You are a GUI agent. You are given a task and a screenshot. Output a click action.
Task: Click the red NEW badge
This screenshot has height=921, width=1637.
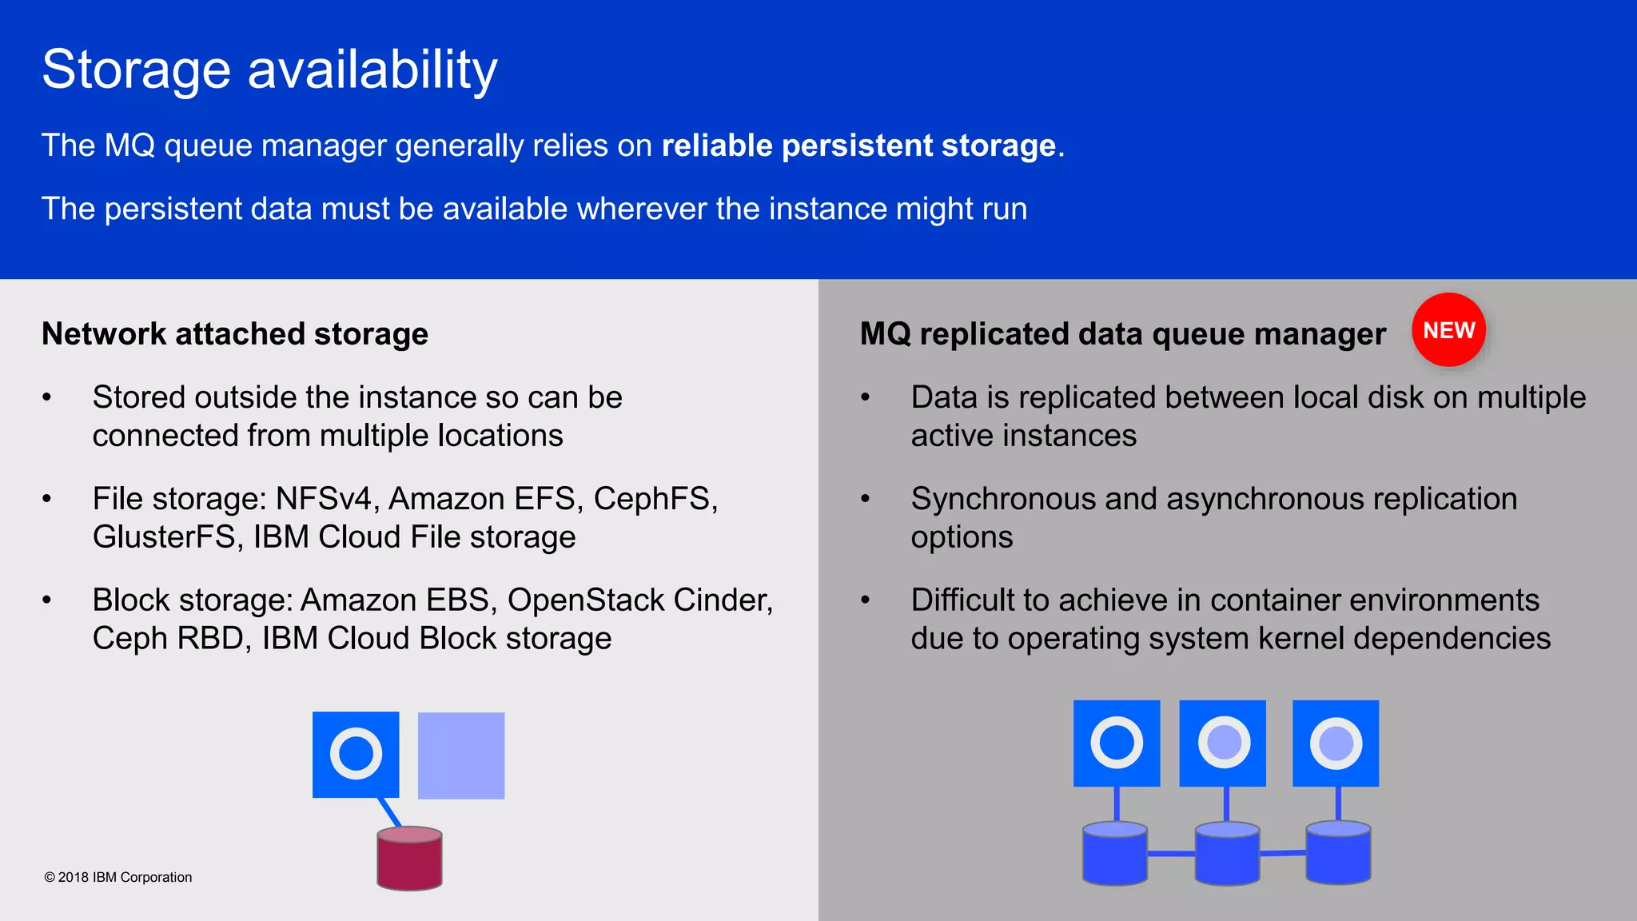[x=1448, y=330]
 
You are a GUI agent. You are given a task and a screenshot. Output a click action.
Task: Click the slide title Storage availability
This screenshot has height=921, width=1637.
[x=269, y=70]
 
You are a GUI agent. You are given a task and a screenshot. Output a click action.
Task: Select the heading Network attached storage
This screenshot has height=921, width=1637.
[x=234, y=334]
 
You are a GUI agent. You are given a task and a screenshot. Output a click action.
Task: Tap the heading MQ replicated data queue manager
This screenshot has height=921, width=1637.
[x=1122, y=334]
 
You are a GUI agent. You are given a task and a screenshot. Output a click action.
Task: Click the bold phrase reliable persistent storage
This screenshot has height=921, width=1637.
[x=858, y=146]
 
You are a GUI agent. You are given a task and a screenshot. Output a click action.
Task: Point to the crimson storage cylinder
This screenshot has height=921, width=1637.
[x=409, y=860]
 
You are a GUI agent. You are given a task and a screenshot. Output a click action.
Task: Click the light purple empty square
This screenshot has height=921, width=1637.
[x=461, y=756]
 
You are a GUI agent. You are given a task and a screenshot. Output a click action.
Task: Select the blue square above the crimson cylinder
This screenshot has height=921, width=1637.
[x=356, y=754]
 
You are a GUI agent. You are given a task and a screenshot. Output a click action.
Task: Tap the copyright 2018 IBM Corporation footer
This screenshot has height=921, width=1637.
[x=118, y=877]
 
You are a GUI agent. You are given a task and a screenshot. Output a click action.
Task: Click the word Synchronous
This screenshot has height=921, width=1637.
[x=1002, y=499]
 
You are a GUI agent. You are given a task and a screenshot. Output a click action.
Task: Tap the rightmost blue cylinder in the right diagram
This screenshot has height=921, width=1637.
[x=1338, y=854]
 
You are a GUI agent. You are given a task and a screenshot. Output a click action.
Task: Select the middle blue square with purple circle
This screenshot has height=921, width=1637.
[x=1222, y=744]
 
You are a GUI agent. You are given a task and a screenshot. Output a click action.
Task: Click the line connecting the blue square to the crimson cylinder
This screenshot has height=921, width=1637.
[x=390, y=812]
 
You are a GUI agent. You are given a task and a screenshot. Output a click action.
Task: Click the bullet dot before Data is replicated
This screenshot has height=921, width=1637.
[x=865, y=397]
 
